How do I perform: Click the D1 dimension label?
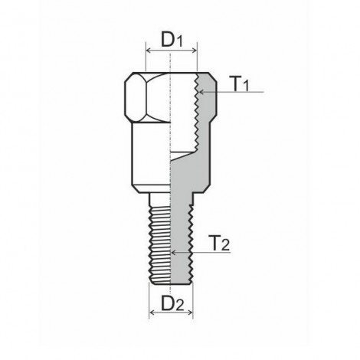[172, 40]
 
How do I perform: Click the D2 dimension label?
[172, 303]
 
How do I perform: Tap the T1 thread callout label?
[241, 83]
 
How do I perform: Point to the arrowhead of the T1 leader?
[201, 92]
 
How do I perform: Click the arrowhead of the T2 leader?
[174, 253]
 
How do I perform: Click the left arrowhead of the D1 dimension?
[149, 51]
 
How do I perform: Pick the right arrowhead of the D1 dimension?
[195, 51]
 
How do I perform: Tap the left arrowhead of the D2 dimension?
[152, 313]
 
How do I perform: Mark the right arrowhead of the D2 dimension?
[190, 313]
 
